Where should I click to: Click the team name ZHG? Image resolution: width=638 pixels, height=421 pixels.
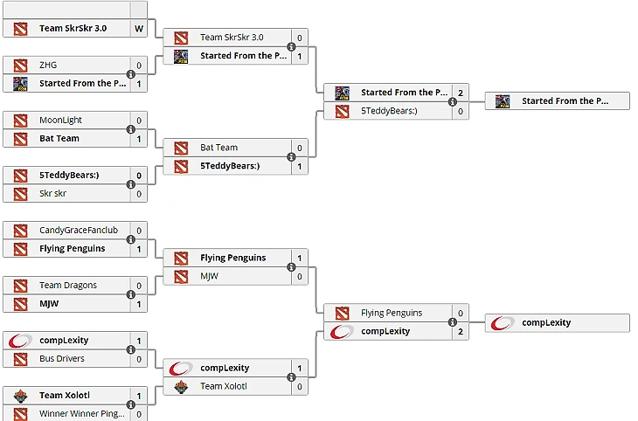[x=48, y=66]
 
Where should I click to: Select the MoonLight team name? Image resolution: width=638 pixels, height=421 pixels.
[x=60, y=120]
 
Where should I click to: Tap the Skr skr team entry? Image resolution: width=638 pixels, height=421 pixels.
[x=52, y=192]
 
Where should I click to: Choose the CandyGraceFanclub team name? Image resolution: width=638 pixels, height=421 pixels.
[x=78, y=231]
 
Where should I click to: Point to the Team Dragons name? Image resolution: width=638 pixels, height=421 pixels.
[x=68, y=285]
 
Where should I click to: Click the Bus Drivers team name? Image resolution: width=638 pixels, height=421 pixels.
[x=62, y=358]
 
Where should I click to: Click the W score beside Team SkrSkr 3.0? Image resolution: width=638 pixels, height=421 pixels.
[x=138, y=28]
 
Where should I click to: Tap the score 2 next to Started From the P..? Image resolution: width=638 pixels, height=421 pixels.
[x=460, y=93]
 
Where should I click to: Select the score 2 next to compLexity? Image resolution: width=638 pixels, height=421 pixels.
[x=460, y=331]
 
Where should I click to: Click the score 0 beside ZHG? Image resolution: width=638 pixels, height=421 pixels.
[x=138, y=66]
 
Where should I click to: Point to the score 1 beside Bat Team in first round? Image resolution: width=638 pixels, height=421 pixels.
[x=138, y=138]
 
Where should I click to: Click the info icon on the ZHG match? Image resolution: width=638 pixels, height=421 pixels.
[x=131, y=74]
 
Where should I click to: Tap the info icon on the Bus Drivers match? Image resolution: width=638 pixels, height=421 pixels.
[x=131, y=349]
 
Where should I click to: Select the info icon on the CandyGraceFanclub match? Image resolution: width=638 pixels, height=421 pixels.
[x=131, y=239]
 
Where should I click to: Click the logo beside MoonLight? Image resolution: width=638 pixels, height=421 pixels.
[x=20, y=120]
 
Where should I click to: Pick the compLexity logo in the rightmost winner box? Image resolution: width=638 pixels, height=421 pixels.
[x=503, y=322]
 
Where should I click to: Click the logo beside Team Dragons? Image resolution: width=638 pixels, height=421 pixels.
[x=20, y=285]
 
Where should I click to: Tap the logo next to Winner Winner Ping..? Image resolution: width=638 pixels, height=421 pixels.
[x=20, y=413]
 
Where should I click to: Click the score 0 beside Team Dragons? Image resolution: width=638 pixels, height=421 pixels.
[x=138, y=285]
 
